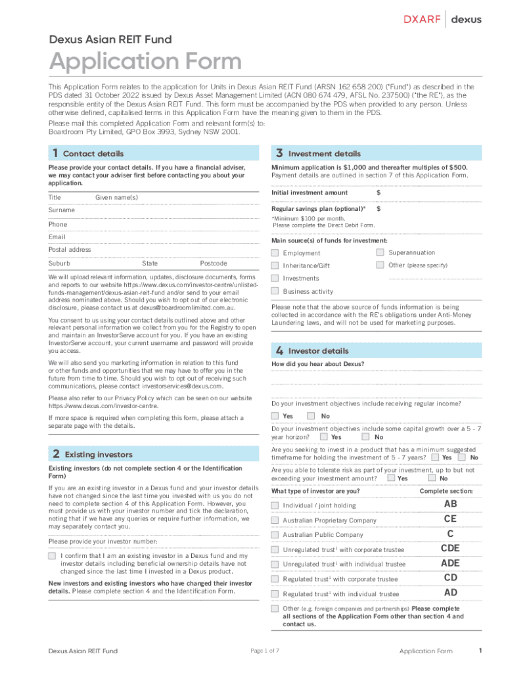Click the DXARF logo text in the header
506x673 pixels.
[421, 19]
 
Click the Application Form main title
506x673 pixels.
[145, 62]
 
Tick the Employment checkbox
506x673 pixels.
[275, 253]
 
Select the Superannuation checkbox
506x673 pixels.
[380, 252]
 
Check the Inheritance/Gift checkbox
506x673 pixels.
[275, 266]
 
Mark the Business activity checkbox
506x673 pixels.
[275, 291]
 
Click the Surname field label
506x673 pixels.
[62, 210]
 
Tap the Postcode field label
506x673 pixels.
[214, 264]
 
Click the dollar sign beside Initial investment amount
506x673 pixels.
[379, 193]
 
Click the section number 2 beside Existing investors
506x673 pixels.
[57, 454]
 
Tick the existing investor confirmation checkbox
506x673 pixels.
[52, 556]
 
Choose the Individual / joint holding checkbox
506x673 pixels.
[275, 505]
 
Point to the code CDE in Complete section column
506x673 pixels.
[450, 548]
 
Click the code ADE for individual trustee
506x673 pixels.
[450, 563]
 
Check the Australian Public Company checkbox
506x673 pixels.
[275, 535]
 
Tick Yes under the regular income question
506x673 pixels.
[275, 416]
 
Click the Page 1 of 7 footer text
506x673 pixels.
[265, 651]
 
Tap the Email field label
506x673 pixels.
[57, 237]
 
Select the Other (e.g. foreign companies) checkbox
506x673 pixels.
[275, 609]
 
